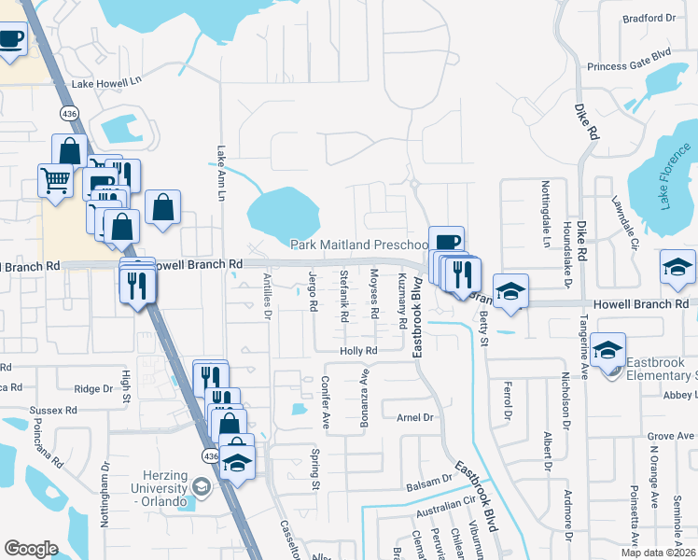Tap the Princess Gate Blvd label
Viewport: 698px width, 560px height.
pos(630,66)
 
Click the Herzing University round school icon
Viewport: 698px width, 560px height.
pos(201,487)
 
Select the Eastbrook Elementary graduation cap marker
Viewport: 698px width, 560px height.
pos(608,352)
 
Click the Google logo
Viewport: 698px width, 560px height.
pos(31,548)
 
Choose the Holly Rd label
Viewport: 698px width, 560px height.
pos(357,351)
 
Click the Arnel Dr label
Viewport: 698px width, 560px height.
pos(416,417)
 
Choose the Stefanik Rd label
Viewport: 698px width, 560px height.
pos(343,296)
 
